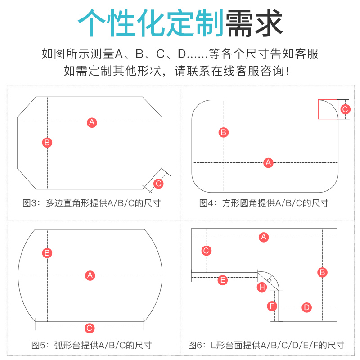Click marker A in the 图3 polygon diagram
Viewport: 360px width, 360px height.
pos(92,122)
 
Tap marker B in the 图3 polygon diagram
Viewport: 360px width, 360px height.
pos(47,143)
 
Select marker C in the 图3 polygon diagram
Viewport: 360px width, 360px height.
pos(158,183)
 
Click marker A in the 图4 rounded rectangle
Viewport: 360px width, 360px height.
pos(269,162)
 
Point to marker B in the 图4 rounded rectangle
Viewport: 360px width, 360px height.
pos(224,132)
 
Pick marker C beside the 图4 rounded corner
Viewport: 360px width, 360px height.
pos(345,109)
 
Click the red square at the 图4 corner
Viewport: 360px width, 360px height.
pos(328,109)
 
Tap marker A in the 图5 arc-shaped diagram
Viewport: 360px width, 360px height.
pos(90,275)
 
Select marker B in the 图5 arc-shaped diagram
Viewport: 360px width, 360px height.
pos(47,252)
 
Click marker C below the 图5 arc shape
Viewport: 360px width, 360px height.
pos(90,328)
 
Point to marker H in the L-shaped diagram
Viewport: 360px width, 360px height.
pos(262,287)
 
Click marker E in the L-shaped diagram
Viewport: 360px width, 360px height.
pos(223,280)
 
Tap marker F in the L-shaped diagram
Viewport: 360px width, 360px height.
pos(272,306)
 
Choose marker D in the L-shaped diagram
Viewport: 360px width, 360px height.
pos(306,307)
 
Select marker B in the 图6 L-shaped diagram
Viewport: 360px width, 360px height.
pos(322,272)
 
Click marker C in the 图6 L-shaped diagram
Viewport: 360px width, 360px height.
pos(207,251)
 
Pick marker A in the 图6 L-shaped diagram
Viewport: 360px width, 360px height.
pos(264,237)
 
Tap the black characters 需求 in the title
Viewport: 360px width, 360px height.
pos(254,23)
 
